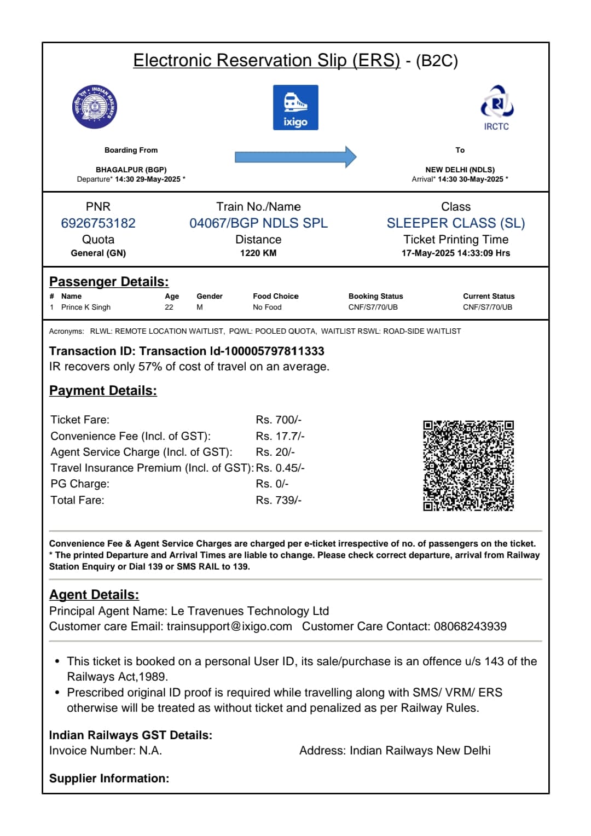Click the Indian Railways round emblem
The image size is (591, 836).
click(95, 107)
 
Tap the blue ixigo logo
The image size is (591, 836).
click(296, 107)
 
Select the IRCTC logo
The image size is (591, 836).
click(496, 108)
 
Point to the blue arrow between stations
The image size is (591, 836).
click(296, 157)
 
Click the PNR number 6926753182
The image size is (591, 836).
click(98, 223)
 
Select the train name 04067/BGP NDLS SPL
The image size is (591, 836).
click(258, 223)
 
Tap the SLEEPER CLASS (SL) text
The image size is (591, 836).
click(455, 223)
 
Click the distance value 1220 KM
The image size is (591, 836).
click(258, 253)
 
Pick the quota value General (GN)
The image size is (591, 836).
click(98, 253)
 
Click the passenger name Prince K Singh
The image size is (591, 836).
click(86, 307)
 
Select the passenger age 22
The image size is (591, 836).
click(169, 307)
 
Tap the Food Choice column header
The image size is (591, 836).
click(275, 296)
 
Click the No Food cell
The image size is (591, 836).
click(267, 307)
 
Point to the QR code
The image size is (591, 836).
click(468, 466)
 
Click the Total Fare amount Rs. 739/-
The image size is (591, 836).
click(279, 500)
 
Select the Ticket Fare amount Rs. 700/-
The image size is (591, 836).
click(279, 420)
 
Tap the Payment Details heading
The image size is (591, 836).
click(103, 391)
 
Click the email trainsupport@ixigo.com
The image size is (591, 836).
click(229, 626)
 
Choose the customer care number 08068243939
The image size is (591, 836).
click(470, 626)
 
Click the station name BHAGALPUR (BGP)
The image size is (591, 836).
click(131, 170)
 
